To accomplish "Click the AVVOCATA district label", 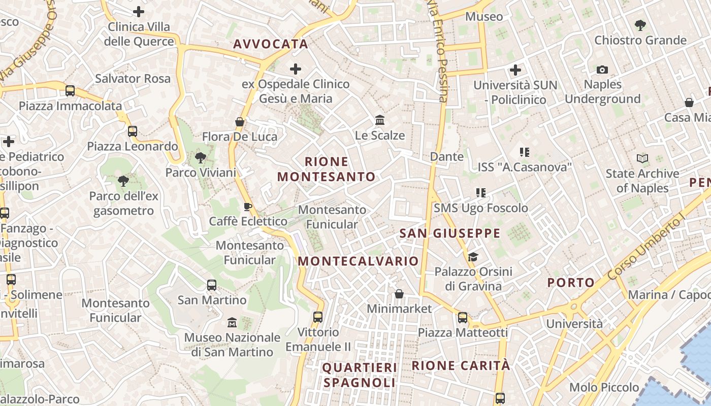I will pyautogui.click(x=271, y=44).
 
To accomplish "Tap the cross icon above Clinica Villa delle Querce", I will pyautogui.click(x=138, y=12).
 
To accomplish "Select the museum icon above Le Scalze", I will pyautogui.click(x=380, y=120).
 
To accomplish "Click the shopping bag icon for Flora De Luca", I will pyautogui.click(x=240, y=122).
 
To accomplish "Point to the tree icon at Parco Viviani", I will pyautogui.click(x=201, y=158).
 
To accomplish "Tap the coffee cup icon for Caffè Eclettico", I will pyautogui.click(x=247, y=207).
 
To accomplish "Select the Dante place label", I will pyautogui.click(x=447, y=156).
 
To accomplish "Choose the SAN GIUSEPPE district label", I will pyautogui.click(x=450, y=233).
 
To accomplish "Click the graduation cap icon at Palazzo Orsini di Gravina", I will pyautogui.click(x=473, y=257).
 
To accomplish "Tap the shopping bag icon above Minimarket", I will pyautogui.click(x=399, y=294).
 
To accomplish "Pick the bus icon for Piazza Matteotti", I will pyautogui.click(x=463, y=318).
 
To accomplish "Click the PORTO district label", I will pyautogui.click(x=571, y=283).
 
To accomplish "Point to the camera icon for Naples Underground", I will pyautogui.click(x=602, y=70).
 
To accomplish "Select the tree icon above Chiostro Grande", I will pyautogui.click(x=640, y=25).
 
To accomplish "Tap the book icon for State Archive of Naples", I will pyautogui.click(x=642, y=159).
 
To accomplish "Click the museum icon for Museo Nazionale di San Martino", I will pyautogui.click(x=232, y=322).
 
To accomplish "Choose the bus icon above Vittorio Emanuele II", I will pyautogui.click(x=318, y=317).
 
